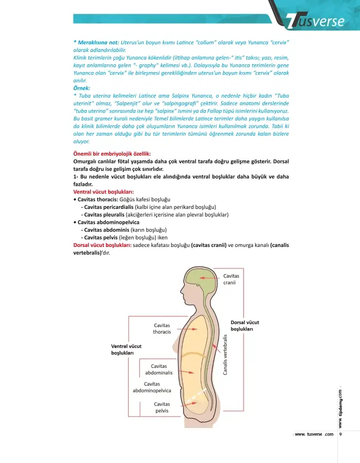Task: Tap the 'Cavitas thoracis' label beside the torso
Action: (x=162, y=328)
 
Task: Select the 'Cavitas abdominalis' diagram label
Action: (x=159, y=369)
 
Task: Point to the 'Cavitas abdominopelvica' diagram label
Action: (x=152, y=387)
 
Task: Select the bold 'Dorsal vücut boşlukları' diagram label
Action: (x=245, y=325)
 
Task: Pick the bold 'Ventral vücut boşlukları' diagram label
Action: (x=126, y=349)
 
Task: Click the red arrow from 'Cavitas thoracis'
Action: (x=187, y=327)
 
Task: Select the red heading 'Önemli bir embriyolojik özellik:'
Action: (x=112, y=154)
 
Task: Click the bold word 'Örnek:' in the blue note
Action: (x=82, y=87)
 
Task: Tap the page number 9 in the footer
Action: (x=341, y=434)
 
